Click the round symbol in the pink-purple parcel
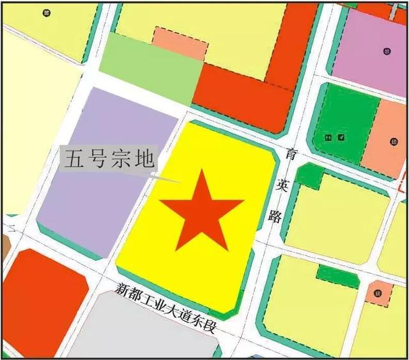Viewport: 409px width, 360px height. pyautogui.click(x=387, y=51)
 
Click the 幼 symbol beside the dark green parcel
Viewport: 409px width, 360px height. pyautogui.click(x=391, y=142)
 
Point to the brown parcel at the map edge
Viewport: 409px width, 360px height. pyautogui.click(x=5, y=246)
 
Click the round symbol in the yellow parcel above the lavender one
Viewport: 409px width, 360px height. pyautogui.click(x=45, y=12)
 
